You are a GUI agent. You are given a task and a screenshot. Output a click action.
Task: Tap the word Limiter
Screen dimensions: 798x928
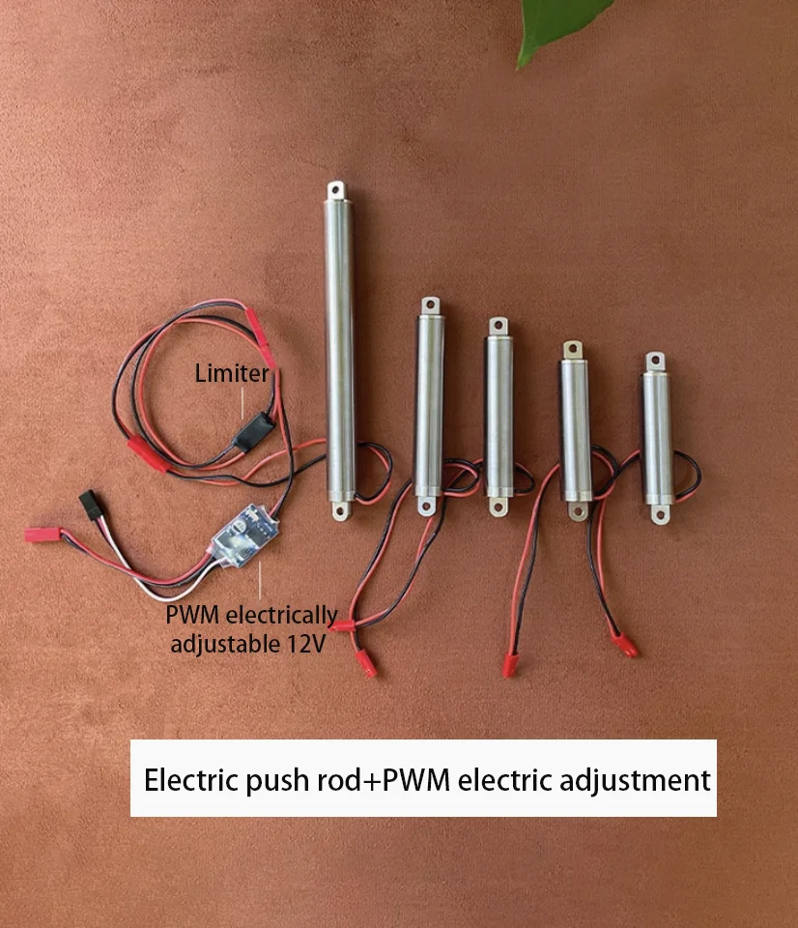pyautogui.click(x=232, y=373)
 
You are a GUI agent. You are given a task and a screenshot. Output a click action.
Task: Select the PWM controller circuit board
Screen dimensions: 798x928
pyautogui.click(x=245, y=535)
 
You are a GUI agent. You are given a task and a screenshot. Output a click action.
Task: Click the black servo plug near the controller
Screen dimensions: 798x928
pyautogui.click(x=92, y=505)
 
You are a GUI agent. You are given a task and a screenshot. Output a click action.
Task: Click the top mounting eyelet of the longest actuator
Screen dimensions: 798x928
pyautogui.click(x=336, y=190)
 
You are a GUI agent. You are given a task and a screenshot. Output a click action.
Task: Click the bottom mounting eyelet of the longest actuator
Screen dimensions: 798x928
pyautogui.click(x=342, y=509)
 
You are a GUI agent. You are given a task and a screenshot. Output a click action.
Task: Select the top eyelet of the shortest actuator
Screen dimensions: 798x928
pyautogui.click(x=655, y=361)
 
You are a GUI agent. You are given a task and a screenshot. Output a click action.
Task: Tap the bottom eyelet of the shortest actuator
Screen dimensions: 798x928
pyautogui.click(x=660, y=513)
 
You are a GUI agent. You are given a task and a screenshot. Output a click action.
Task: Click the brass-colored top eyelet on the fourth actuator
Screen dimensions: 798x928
pyautogui.click(x=573, y=350)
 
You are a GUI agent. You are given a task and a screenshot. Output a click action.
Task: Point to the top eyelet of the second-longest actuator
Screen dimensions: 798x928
pyautogui.click(x=431, y=306)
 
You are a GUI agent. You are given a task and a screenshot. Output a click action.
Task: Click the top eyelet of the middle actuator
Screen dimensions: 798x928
pyautogui.click(x=499, y=327)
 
